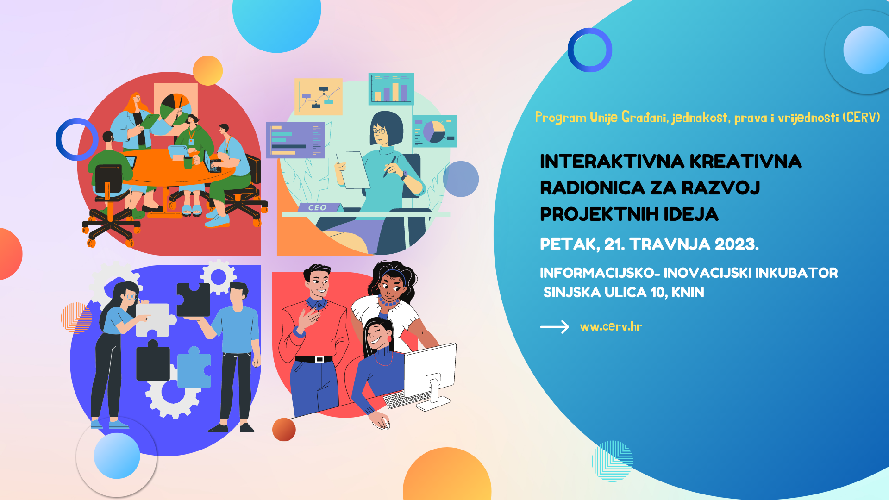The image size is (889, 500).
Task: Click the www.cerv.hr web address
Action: click(611, 327)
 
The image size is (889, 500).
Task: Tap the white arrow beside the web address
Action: click(554, 327)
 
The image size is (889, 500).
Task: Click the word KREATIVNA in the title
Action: click(745, 162)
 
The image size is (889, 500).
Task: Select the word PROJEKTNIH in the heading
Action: click(599, 214)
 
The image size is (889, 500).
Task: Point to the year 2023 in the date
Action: click(736, 244)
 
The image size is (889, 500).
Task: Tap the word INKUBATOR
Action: click(796, 273)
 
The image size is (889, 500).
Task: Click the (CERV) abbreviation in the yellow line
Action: click(861, 118)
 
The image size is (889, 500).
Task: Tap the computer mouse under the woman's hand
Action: click(382, 422)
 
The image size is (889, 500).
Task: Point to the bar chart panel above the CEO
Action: click(391, 89)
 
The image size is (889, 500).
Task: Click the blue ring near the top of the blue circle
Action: click(589, 50)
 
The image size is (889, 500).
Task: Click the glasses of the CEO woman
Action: click(380, 131)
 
